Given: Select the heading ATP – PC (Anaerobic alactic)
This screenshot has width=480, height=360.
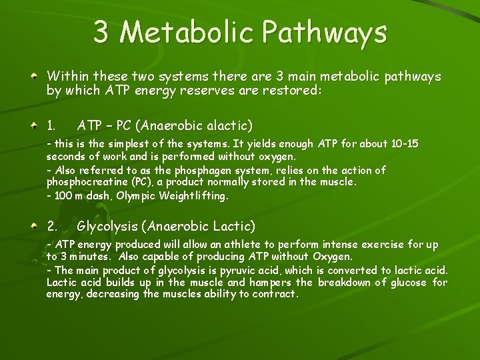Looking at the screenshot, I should (x=165, y=125).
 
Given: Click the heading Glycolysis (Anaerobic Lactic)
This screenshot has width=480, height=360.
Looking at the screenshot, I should (x=165, y=226).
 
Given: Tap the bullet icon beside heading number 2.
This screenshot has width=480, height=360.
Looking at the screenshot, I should (x=33, y=227).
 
